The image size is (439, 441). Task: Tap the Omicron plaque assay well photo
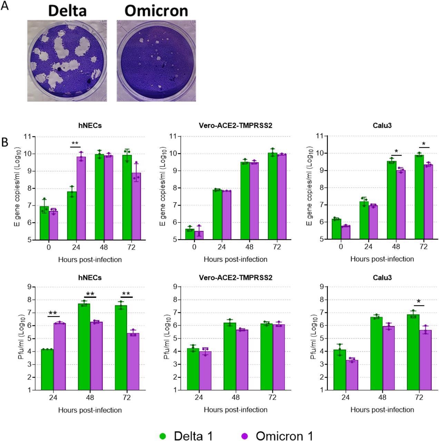pos(156,61)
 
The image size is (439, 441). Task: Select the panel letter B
pos(4,142)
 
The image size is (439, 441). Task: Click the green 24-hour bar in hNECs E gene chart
pos(72,216)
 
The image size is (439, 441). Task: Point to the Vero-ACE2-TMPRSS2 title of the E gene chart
pos(235,126)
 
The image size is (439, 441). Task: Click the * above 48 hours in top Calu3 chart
pos(396,151)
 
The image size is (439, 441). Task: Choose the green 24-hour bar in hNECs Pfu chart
pos(47,370)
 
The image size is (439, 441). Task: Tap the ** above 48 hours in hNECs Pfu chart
pos(90,294)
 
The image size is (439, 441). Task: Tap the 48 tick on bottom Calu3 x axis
pos(382,397)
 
